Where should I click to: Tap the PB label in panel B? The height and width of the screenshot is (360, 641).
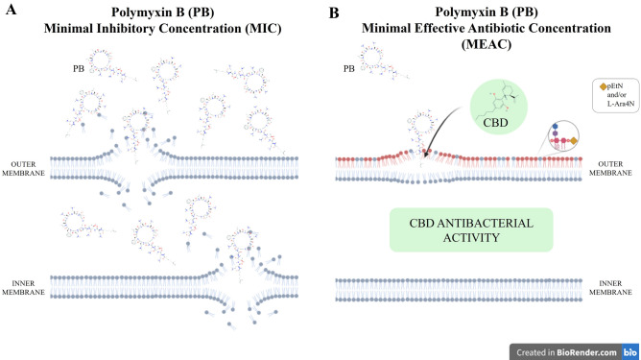351,69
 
